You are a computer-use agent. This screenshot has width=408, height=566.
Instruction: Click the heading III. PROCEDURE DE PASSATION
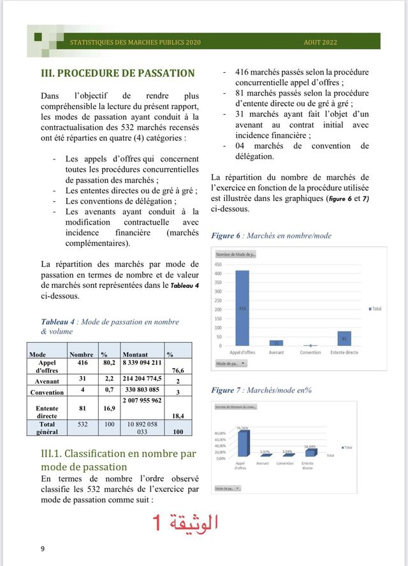pyautogui.click(x=117, y=73)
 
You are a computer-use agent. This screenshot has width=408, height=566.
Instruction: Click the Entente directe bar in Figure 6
pyautogui.click(x=344, y=338)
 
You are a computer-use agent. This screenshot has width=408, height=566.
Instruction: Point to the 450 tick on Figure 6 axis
pyautogui.click(x=218, y=264)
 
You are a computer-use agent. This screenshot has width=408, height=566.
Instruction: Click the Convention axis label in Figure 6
pyautogui.click(x=310, y=352)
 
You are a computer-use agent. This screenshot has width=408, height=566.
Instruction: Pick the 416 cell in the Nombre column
pyautogui.click(x=82, y=362)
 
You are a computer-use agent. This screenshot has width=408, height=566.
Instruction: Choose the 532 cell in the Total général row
pyautogui.click(x=82, y=424)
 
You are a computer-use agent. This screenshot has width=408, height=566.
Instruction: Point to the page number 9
pyautogui.click(x=42, y=549)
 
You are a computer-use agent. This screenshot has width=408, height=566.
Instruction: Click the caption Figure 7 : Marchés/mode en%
pyautogui.click(x=261, y=390)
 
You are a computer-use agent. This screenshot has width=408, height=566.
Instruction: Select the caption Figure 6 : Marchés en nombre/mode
pyautogui.click(x=271, y=235)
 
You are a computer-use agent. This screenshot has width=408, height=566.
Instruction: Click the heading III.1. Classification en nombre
pyautogui.click(x=118, y=460)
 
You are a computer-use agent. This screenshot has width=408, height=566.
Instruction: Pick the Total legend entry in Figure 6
pyautogui.click(x=375, y=309)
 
